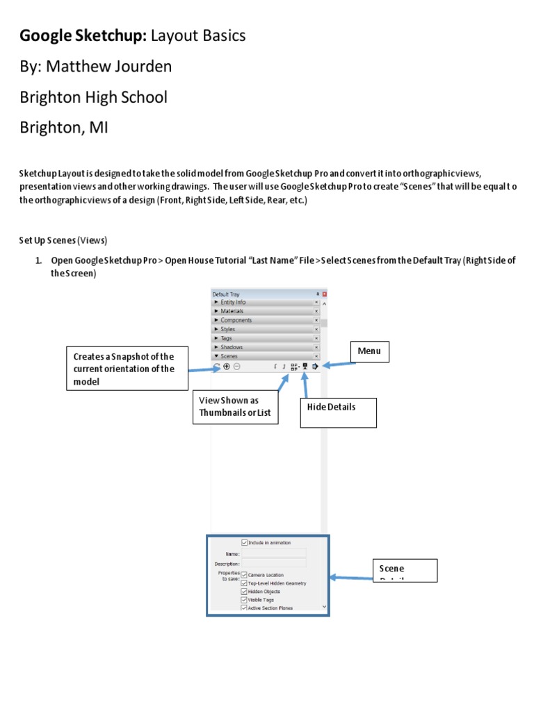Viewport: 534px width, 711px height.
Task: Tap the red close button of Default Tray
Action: pyautogui.click(x=324, y=294)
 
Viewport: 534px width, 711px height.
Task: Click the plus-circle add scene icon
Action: pyautogui.click(x=227, y=367)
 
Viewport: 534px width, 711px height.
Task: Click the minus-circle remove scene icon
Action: pyautogui.click(x=237, y=367)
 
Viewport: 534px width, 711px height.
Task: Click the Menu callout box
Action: pyautogui.click(x=370, y=352)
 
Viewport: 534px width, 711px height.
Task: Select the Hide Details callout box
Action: pyautogui.click(x=338, y=412)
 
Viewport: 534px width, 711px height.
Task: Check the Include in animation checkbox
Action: pyautogui.click(x=244, y=543)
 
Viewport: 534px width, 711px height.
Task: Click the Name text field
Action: pyautogui.click(x=274, y=553)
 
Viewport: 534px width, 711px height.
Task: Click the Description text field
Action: pyautogui.click(x=274, y=564)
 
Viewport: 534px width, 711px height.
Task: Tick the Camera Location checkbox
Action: pyautogui.click(x=244, y=575)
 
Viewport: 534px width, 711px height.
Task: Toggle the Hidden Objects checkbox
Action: pyautogui.click(x=244, y=592)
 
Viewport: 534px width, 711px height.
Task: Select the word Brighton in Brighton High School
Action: pyautogui.click(x=49, y=97)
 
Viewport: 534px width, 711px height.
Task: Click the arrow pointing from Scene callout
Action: pyautogui.click(x=351, y=576)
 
